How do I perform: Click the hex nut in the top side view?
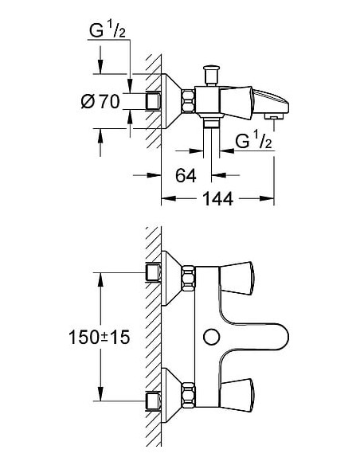coord(190,102)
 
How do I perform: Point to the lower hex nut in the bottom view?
coord(190,393)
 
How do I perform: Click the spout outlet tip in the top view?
coord(274,116)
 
